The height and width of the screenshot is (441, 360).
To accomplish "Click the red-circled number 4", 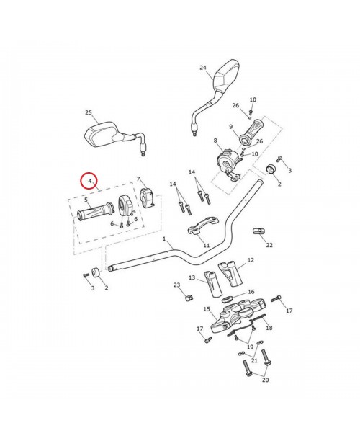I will tap(89, 182).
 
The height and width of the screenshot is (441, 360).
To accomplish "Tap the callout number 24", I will tap(203, 68).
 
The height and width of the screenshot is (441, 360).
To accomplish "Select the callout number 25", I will tap(89, 113).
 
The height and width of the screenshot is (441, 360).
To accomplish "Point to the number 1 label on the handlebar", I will tap(164, 239).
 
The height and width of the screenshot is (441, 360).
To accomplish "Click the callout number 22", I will tap(269, 245).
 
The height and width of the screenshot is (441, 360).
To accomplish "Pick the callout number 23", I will tap(176, 286).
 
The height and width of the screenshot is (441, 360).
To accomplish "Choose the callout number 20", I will tap(265, 380).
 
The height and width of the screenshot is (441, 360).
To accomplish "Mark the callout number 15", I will tap(207, 309).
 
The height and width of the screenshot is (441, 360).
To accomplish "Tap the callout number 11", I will tap(206, 246).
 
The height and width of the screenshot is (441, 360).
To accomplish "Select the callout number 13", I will tap(192, 277).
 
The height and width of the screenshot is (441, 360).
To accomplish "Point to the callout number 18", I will tap(269, 328).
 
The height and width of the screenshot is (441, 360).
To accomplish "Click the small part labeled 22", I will tap(258, 231).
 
